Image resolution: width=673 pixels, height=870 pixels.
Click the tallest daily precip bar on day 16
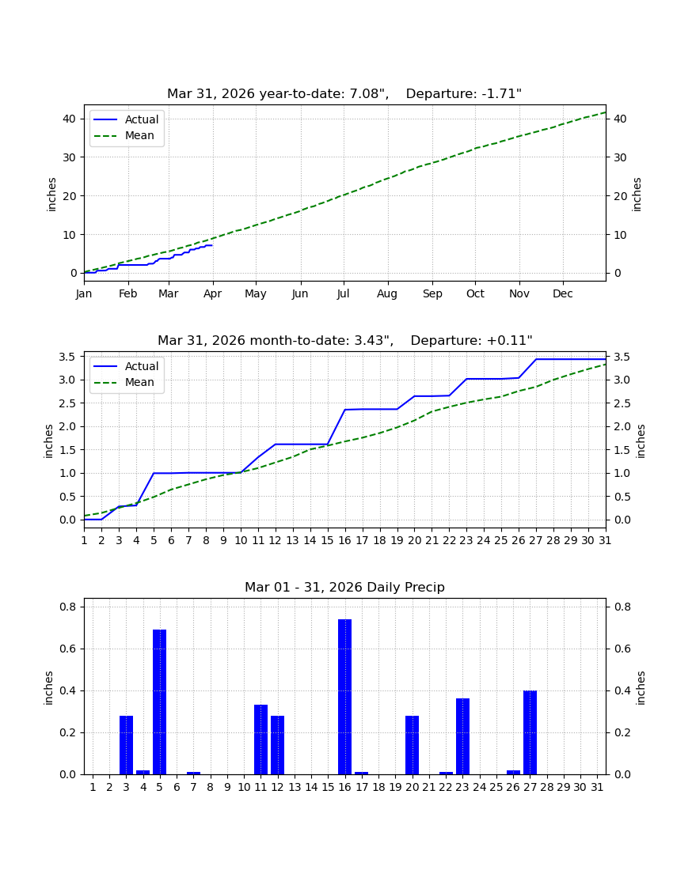pyautogui.click(x=345, y=696)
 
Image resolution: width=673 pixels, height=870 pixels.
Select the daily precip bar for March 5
pyautogui.click(x=159, y=702)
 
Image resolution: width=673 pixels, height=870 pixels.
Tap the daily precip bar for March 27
pyautogui.click(x=530, y=732)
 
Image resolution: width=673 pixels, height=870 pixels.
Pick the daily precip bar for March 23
pyautogui.click(x=462, y=736)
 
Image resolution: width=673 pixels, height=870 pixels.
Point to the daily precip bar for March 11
pyautogui.click(x=261, y=739)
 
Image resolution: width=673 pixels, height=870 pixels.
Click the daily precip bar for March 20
pyautogui.click(x=412, y=744)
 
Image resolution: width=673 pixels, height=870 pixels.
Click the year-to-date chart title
pyautogui.click(x=344, y=94)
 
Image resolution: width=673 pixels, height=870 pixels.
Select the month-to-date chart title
pyautogui.click(x=345, y=340)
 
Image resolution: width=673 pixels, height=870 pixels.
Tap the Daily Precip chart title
pyautogui.click(x=345, y=587)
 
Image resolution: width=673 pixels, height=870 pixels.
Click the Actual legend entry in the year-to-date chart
pyautogui.click(x=126, y=119)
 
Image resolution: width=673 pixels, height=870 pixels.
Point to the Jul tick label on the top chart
pyautogui.click(x=343, y=293)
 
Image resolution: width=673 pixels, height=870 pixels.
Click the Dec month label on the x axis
pyautogui.click(x=562, y=293)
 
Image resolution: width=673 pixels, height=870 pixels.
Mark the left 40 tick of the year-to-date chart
pyautogui.click(x=70, y=119)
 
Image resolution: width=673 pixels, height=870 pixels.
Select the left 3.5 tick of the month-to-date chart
pyautogui.click(x=67, y=357)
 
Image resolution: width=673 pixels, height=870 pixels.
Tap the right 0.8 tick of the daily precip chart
pyautogui.click(x=622, y=607)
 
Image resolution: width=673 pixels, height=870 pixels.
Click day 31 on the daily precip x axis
pyautogui.click(x=597, y=787)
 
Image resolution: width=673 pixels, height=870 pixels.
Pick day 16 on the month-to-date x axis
pyautogui.click(x=345, y=540)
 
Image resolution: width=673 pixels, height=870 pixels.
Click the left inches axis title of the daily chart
pyautogui.click(x=48, y=688)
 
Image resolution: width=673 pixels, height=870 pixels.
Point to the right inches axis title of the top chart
pyautogui.click(x=637, y=195)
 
